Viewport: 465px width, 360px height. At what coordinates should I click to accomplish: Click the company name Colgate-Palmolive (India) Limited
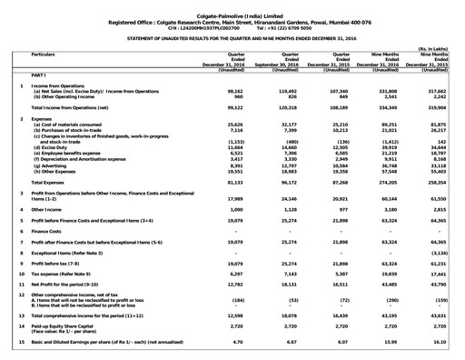tap(232, 5)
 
